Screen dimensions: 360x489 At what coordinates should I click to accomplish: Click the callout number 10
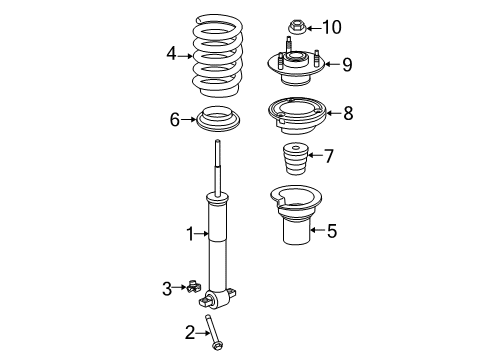click(x=332, y=27)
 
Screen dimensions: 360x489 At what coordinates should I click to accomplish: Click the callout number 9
click(x=347, y=65)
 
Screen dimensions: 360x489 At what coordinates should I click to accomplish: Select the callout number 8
click(x=347, y=113)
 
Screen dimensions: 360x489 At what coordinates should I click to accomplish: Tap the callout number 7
click(x=328, y=155)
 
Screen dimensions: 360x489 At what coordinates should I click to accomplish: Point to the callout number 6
click(x=174, y=120)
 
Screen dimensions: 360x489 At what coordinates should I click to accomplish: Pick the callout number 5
click(x=332, y=231)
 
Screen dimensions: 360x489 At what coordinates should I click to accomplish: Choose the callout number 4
click(x=171, y=54)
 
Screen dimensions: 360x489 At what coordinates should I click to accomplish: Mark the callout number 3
click(x=167, y=288)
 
